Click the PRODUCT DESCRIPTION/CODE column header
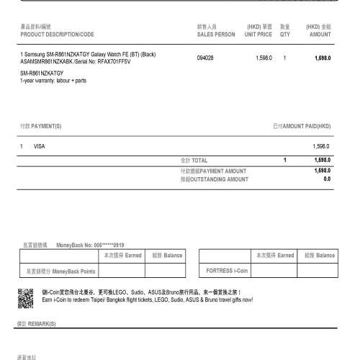pos(57,34)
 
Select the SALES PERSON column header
pos(215,34)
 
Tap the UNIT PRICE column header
pos(258,34)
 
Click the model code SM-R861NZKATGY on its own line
pos(42,73)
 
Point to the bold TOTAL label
pos(199,160)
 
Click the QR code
pos(26,296)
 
